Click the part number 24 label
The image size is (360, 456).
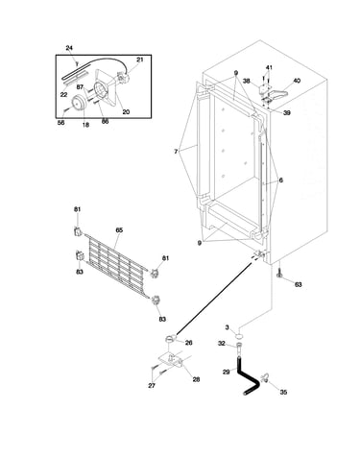69,48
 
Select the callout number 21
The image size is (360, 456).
140,60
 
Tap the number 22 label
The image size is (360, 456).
64,95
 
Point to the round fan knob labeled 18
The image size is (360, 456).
79,103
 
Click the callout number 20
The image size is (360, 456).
126,111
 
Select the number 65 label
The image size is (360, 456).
119,230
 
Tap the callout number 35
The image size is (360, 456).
283,392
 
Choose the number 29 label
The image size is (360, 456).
227,372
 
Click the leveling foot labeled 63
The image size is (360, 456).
280,273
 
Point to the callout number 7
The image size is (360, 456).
176,152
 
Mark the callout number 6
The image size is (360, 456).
280,180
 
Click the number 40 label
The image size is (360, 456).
297,81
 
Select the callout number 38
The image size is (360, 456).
246,82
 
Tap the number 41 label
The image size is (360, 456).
269,68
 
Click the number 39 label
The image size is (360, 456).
287,112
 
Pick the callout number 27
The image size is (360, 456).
152,386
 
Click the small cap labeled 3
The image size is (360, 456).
238,335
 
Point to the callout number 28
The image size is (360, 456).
196,379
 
